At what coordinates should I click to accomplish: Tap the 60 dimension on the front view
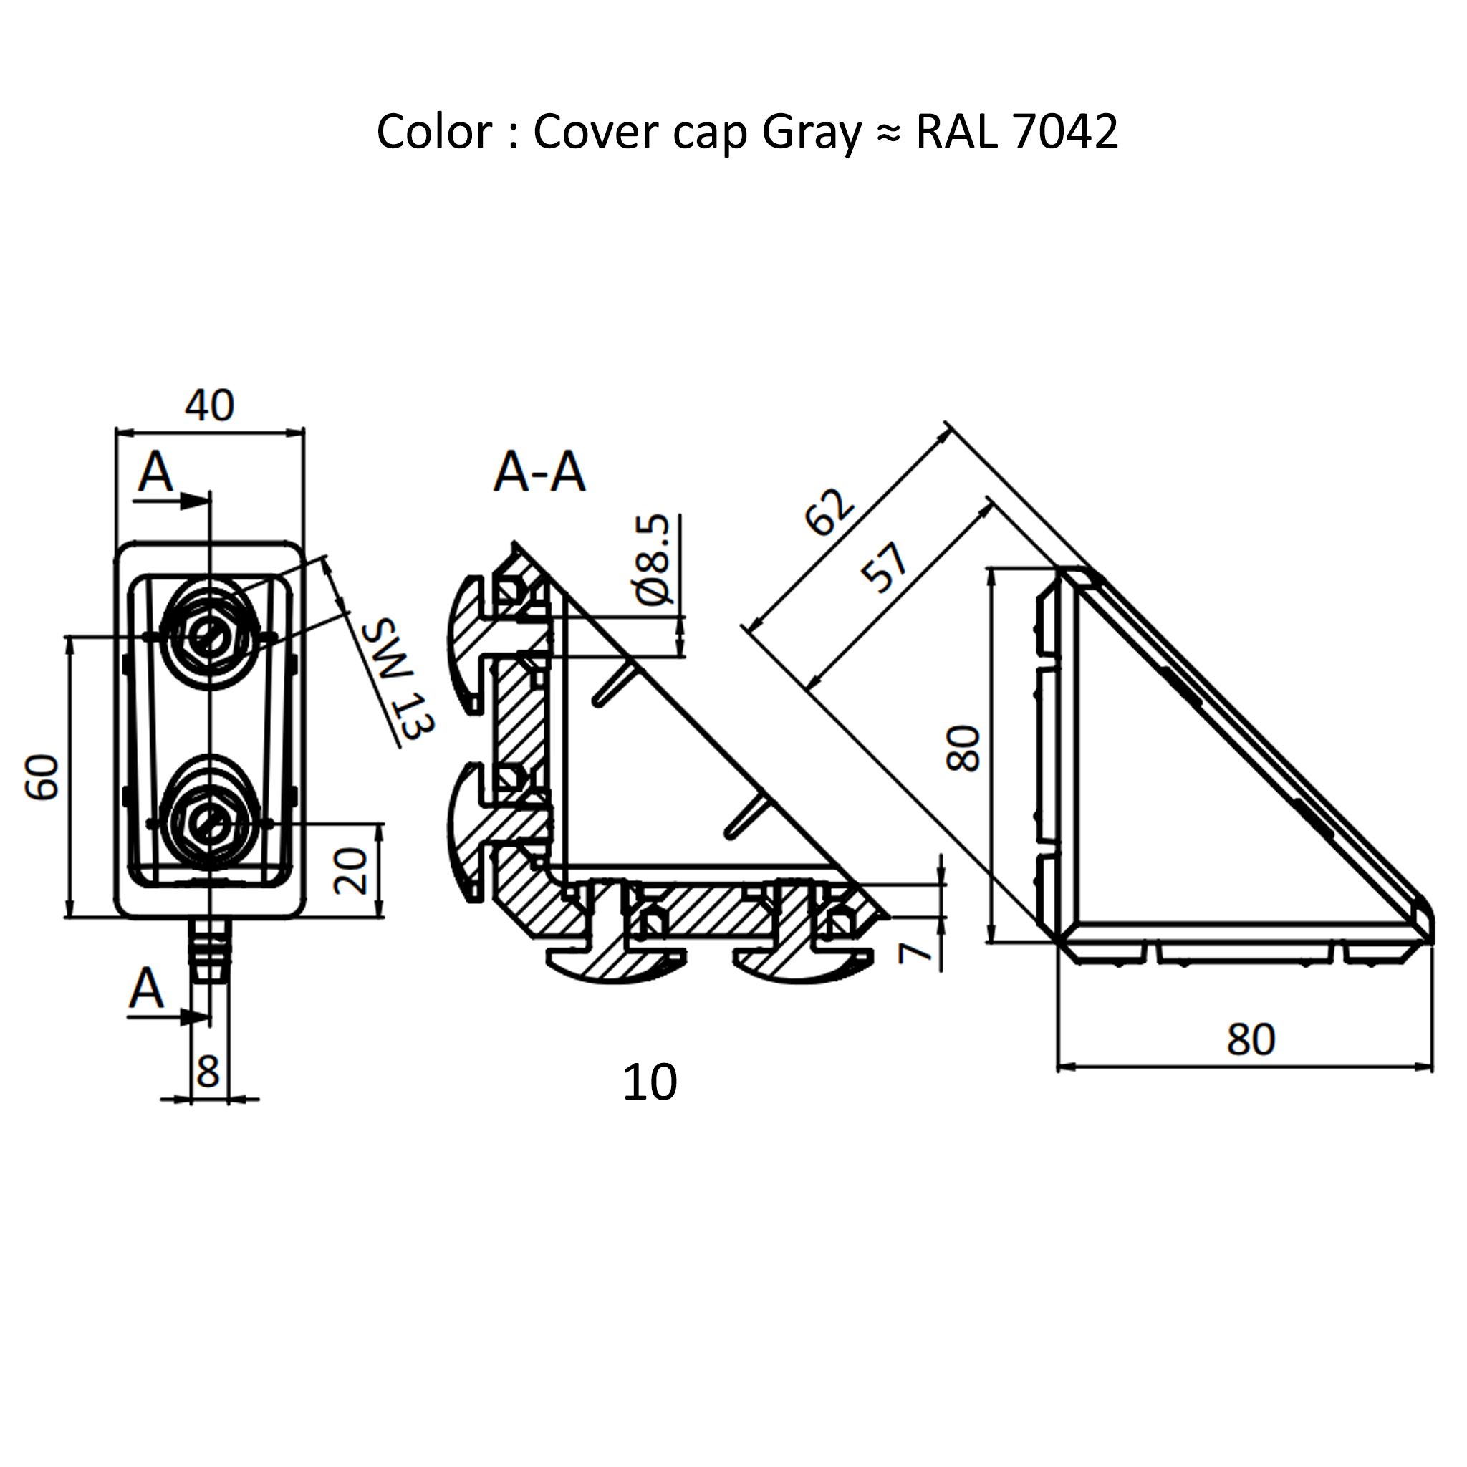pos(43,776)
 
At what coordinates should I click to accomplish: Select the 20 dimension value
pos(351,871)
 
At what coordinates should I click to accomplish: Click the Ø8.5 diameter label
pos(655,559)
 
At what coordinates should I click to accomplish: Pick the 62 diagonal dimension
pos(829,511)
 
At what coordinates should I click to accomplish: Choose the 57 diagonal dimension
pos(885,567)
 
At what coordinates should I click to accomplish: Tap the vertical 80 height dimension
pos(964,749)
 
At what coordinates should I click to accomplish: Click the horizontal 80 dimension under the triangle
pos(1251,1039)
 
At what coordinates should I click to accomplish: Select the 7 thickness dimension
pos(915,951)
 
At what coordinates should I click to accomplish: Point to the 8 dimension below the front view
pos(208,1072)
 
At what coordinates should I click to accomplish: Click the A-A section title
pos(539,472)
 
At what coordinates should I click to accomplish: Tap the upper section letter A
pos(155,471)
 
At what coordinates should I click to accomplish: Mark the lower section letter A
pos(147,989)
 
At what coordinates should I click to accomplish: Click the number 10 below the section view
pos(649,1083)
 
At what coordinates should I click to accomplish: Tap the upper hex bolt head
pos(211,636)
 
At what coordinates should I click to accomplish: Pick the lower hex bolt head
pos(211,822)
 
